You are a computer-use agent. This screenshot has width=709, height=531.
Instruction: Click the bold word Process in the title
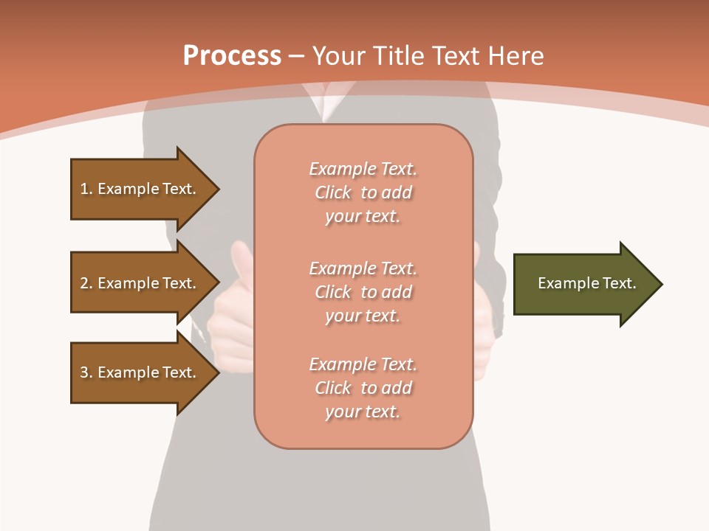click(232, 56)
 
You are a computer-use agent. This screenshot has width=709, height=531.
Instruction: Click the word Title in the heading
click(397, 56)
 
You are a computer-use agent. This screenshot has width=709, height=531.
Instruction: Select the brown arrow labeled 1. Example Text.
click(140, 189)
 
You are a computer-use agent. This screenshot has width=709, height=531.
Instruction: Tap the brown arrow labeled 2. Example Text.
click(140, 283)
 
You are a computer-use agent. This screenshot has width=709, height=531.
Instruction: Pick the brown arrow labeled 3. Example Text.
click(140, 372)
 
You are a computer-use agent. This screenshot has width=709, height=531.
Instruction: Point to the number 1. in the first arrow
click(86, 189)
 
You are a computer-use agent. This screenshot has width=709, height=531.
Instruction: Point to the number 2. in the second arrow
click(86, 283)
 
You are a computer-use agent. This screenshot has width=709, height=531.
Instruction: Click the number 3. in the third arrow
click(86, 372)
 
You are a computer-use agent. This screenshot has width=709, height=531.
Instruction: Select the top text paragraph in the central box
click(363, 192)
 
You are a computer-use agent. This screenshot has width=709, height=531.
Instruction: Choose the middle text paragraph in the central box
click(363, 292)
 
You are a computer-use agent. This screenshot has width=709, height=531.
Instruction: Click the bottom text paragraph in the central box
click(363, 388)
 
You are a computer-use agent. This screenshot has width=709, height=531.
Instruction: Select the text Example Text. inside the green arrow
click(586, 283)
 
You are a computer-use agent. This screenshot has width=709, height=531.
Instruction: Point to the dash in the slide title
click(296, 57)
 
